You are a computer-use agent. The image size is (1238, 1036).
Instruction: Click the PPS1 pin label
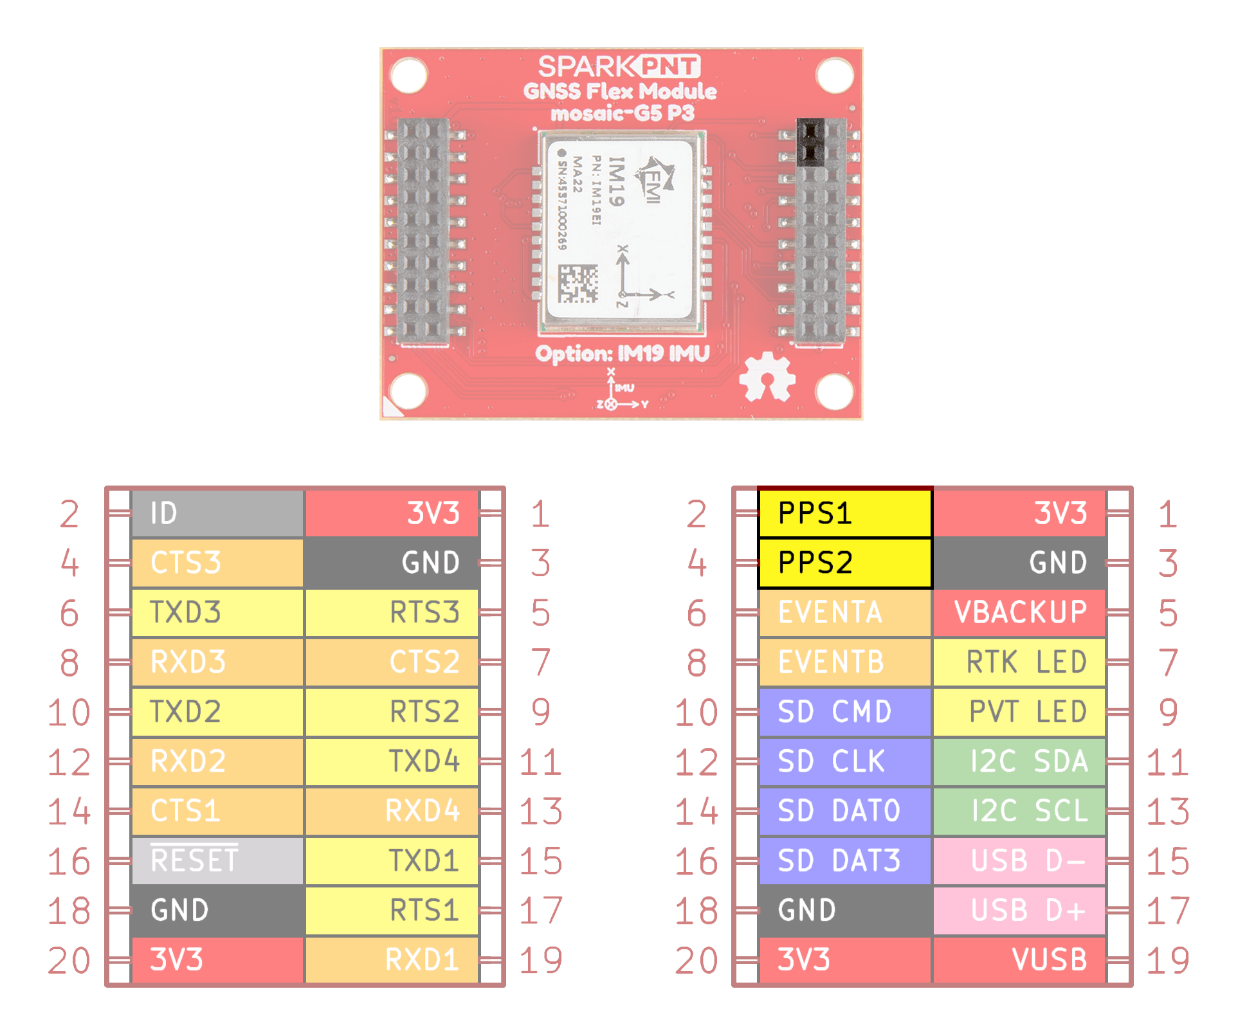click(844, 513)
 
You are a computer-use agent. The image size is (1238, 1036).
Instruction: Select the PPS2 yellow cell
click(844, 563)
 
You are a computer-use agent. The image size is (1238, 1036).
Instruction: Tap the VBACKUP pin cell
click(1019, 612)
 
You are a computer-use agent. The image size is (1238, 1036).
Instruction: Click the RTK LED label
click(1019, 662)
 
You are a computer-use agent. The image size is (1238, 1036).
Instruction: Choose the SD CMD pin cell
click(844, 711)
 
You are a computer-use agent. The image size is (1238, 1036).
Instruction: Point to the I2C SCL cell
click(1019, 810)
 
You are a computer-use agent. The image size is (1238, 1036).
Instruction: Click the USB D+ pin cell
click(1019, 910)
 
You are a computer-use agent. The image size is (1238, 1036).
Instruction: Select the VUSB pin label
click(1019, 959)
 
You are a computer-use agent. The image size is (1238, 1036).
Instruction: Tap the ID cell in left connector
click(217, 513)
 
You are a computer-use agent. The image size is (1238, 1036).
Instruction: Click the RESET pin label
click(217, 860)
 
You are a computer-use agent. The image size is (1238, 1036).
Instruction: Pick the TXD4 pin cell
click(392, 761)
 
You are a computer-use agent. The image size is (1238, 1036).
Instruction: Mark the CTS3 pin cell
click(217, 563)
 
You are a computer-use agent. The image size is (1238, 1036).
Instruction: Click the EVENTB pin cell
click(844, 662)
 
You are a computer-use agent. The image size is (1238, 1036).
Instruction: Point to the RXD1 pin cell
click(392, 959)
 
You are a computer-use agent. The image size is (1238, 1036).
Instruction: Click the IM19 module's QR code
click(578, 284)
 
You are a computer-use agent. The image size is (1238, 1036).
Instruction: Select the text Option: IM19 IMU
click(622, 354)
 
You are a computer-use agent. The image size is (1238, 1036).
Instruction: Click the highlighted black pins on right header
click(810, 142)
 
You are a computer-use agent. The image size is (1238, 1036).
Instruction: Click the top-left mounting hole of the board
click(409, 75)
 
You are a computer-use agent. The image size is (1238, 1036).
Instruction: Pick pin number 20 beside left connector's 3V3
click(69, 960)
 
